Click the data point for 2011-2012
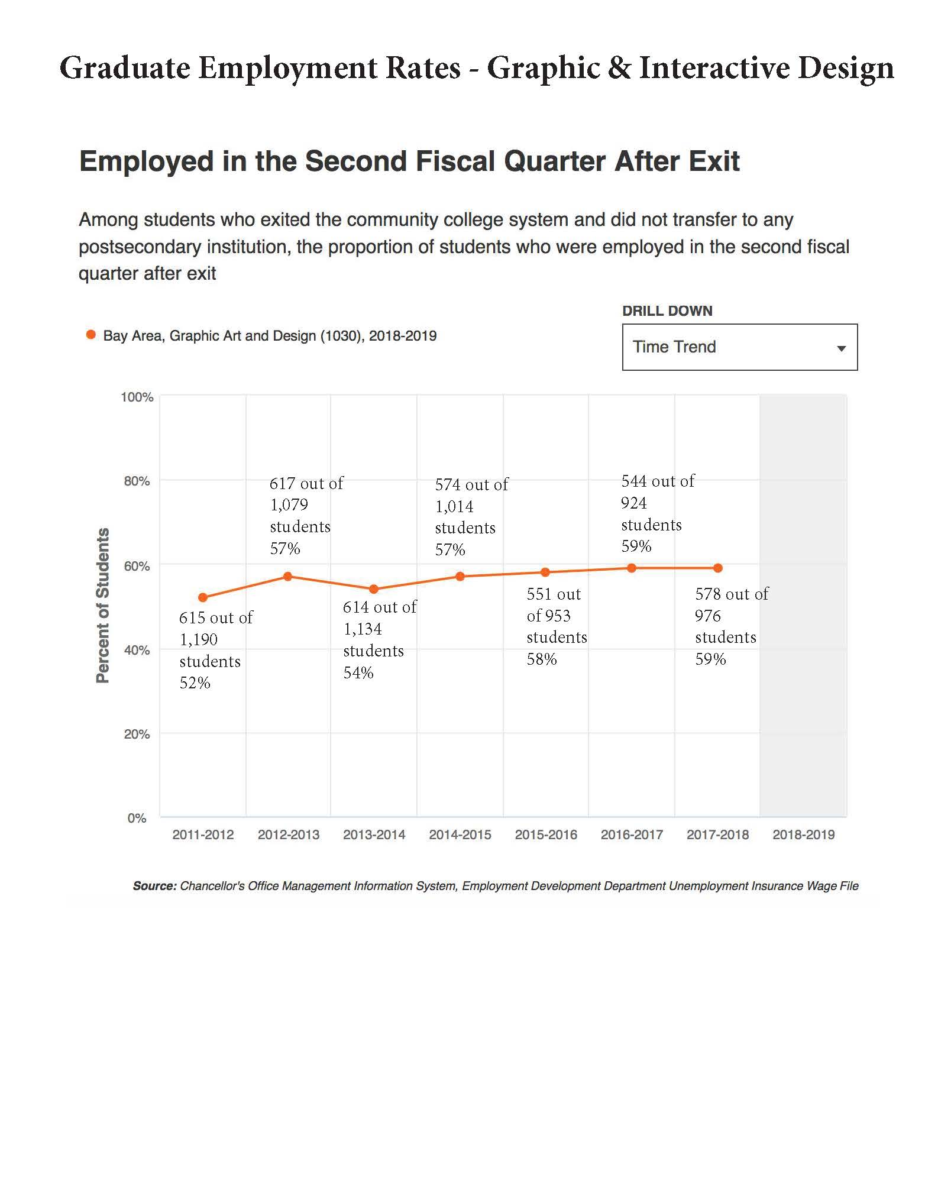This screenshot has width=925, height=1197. [x=203, y=597]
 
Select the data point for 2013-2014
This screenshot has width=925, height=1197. [x=374, y=589]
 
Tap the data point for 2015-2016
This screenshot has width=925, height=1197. [x=545, y=572]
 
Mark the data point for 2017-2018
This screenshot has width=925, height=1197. [x=717, y=568]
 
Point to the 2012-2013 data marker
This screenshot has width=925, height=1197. [x=288, y=576]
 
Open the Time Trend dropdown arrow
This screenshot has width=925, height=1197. [x=841, y=348]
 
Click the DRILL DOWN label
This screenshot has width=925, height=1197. [x=667, y=311]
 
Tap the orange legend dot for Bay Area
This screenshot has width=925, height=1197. [x=91, y=335]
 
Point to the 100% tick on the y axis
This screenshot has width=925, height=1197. [x=137, y=397]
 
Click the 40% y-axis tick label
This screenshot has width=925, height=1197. [x=137, y=650]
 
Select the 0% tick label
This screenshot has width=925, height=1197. [x=137, y=818]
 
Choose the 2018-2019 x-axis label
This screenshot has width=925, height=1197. [x=803, y=834]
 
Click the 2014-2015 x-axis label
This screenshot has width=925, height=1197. [x=460, y=834]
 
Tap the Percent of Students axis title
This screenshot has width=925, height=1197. [x=103, y=605]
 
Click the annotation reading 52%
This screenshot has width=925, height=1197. [x=195, y=683]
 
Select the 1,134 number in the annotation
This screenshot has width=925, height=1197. [x=363, y=629]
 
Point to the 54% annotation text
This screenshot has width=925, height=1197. [x=358, y=673]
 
